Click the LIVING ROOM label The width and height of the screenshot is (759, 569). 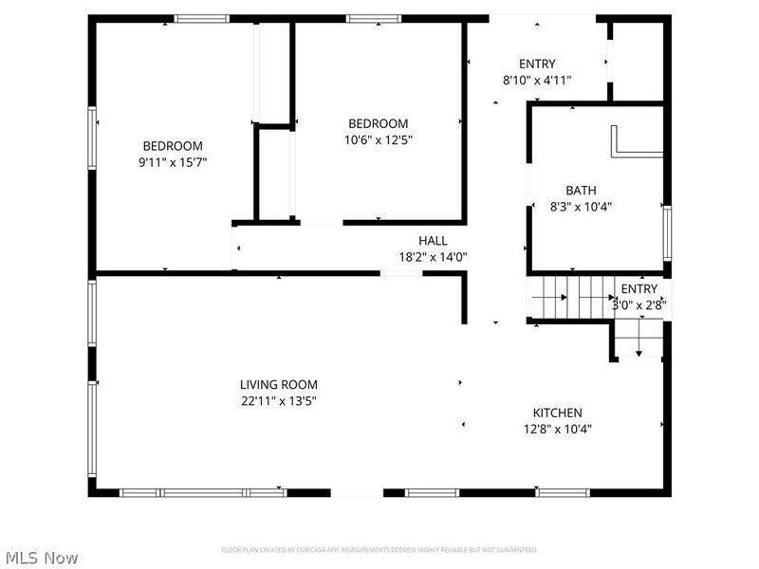click(x=278, y=384)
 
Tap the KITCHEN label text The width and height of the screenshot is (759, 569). click(x=557, y=413)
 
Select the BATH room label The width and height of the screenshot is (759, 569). click(x=581, y=190)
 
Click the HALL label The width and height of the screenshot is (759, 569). click(x=433, y=241)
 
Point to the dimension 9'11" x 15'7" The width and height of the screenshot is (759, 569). click(x=173, y=162)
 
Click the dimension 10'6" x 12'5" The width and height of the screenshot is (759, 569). click(x=379, y=139)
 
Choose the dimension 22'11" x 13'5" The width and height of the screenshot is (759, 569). click(x=278, y=400)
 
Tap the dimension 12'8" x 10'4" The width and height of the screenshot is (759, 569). click(x=557, y=429)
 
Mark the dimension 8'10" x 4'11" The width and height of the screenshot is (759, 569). click(x=537, y=81)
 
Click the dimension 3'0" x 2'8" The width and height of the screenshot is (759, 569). click(x=639, y=305)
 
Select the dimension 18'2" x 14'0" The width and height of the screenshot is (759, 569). click(x=433, y=256)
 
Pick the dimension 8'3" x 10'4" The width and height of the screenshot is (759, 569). click(x=581, y=206)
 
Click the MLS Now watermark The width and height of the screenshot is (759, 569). click(x=41, y=558)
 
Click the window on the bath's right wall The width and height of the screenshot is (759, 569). click(x=667, y=232)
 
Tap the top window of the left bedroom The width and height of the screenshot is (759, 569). click(x=201, y=18)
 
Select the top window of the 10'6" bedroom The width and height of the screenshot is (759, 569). click(x=373, y=18)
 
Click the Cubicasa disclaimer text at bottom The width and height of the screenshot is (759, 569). click(x=379, y=550)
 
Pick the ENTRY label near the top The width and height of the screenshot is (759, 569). click(x=537, y=64)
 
